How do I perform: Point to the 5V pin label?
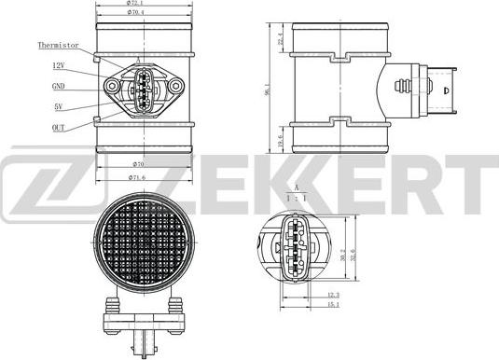58,106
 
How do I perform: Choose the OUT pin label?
58,128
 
